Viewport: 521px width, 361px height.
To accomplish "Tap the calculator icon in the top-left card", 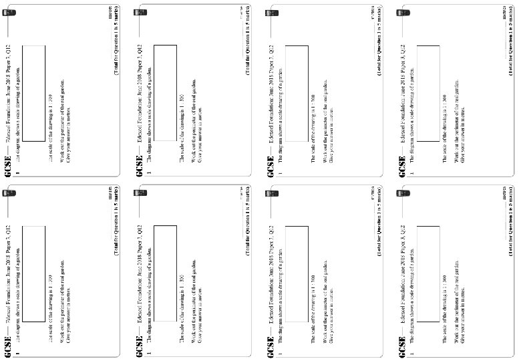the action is tap(9, 13).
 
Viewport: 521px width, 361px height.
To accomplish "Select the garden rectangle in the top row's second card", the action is tap(165, 93).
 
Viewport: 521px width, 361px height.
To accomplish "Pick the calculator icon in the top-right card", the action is tap(403, 13).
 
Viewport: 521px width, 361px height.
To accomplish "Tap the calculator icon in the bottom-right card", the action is tap(403, 194).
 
